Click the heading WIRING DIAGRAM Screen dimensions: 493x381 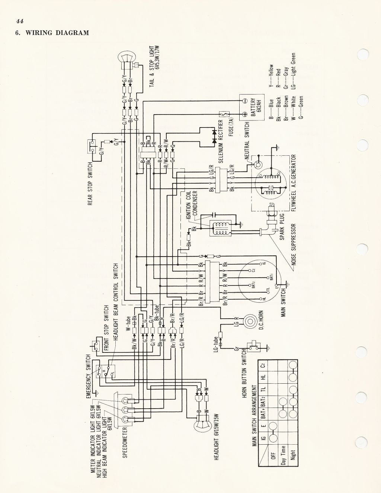coord(56,33)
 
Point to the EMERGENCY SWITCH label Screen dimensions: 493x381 coord(89,377)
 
